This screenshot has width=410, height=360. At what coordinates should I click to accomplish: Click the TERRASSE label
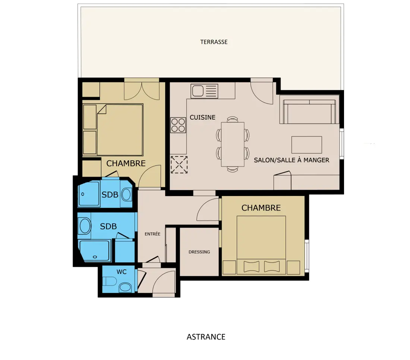coord(214,42)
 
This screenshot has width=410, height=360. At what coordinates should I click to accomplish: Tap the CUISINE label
coord(203,117)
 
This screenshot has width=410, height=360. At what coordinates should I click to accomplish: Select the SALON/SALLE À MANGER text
coord(291,160)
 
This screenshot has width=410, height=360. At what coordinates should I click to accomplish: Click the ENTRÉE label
coord(152,234)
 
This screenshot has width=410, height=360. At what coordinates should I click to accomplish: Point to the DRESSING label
coord(199,252)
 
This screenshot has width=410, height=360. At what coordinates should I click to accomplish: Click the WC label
coord(122,272)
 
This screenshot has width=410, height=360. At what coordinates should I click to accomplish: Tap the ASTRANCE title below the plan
coord(206,337)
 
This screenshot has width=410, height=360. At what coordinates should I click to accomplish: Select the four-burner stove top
coord(178,125)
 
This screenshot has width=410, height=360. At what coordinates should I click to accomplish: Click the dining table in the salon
coord(233,144)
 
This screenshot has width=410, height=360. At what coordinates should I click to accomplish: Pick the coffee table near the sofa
coord(307,145)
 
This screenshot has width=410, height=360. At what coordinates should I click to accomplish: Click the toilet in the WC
coord(109,282)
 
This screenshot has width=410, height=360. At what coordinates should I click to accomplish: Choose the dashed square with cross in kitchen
coord(179,165)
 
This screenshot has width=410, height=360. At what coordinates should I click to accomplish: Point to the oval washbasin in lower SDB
coord(85,226)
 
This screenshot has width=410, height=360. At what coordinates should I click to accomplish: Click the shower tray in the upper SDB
coord(89,194)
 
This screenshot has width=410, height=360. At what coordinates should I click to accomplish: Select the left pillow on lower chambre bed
coord(251,267)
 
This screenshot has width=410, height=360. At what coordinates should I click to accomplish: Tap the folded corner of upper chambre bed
coord(102,110)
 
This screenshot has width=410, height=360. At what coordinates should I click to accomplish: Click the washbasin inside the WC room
coord(125,288)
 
